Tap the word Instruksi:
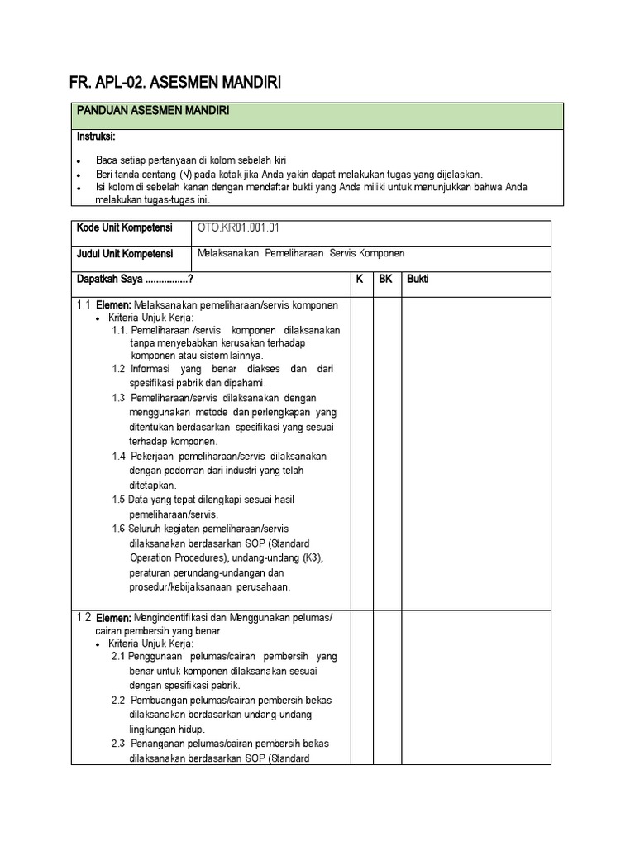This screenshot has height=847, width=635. tap(96, 136)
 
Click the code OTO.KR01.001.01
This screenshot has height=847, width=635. tap(234, 228)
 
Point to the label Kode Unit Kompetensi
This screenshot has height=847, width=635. tap(125, 228)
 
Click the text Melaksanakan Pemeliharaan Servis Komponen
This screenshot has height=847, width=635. tap(301, 254)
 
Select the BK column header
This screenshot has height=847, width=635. tap(385, 280)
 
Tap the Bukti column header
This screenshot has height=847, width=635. tap(418, 280)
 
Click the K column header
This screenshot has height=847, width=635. tap(360, 280)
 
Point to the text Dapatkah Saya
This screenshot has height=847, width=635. tap(111, 280)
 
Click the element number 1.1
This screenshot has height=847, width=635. tap(83, 305)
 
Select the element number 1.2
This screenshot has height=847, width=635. tap(83, 617)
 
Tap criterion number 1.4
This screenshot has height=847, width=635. tap(118, 456)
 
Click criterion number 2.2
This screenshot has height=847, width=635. tap(118, 700)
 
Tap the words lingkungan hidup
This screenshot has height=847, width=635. tap(167, 730)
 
